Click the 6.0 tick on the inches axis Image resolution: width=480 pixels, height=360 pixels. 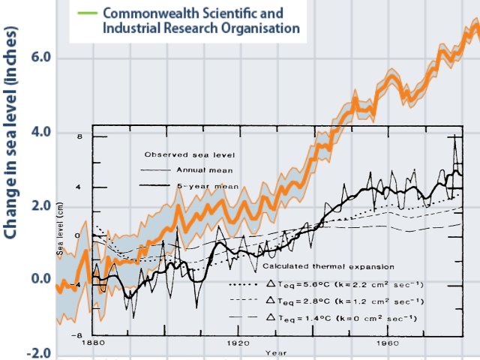pos(42,58)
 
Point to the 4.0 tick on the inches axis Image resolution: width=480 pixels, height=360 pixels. pos(42,133)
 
